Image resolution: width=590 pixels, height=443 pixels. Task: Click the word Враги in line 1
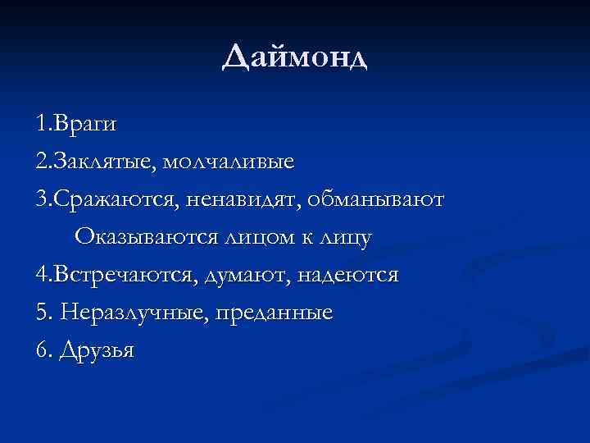coord(84,125)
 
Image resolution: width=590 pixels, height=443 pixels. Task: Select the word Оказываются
coord(145,237)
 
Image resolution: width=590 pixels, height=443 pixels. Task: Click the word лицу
coord(344,237)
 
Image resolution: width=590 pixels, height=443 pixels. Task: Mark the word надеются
coord(352,275)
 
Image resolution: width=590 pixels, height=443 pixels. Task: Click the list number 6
coord(41,350)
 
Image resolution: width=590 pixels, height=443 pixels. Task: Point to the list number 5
coord(41,313)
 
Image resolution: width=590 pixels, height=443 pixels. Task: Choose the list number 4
coord(41,275)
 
